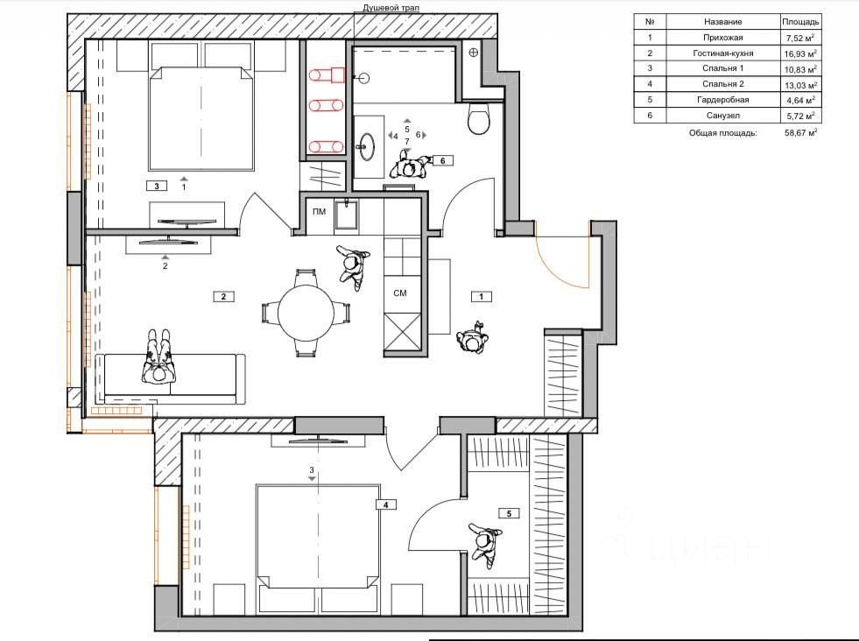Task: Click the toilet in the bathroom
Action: click(479, 118)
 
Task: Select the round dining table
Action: click(306, 313)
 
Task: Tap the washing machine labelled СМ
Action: click(400, 293)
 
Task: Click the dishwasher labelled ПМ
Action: click(319, 212)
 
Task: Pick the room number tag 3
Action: click(157, 187)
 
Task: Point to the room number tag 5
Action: click(510, 513)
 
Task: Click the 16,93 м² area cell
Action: click(800, 53)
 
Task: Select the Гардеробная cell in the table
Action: click(722, 100)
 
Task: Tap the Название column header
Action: click(722, 22)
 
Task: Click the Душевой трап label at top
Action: click(391, 8)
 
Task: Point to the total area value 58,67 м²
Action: click(800, 132)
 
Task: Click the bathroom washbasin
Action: click(366, 146)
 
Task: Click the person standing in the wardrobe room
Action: click(484, 541)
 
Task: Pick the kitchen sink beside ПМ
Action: click(346, 215)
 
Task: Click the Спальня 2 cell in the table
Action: click(722, 84)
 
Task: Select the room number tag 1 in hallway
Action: click(482, 296)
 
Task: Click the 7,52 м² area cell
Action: click(800, 38)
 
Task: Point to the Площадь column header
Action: click(800, 22)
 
